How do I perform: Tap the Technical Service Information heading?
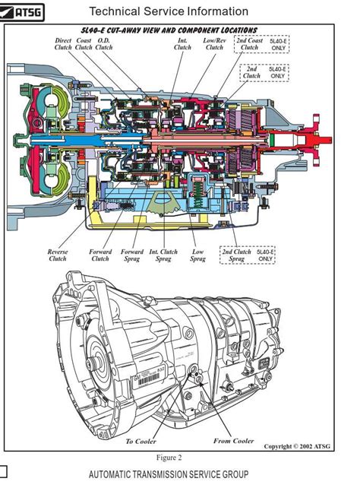click(x=168, y=11)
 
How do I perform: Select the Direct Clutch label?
click(x=64, y=43)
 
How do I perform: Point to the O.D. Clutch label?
click(x=104, y=43)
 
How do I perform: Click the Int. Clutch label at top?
click(x=183, y=43)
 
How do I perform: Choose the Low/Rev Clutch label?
click(x=215, y=43)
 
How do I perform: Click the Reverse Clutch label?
click(x=58, y=255)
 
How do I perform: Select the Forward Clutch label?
click(x=100, y=255)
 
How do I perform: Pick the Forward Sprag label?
click(x=132, y=255)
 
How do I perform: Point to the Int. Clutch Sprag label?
click(x=164, y=255)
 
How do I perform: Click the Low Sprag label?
click(x=197, y=255)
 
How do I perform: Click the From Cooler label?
click(x=233, y=441)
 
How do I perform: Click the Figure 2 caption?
click(x=169, y=458)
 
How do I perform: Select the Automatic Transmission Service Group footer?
click(x=169, y=475)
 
